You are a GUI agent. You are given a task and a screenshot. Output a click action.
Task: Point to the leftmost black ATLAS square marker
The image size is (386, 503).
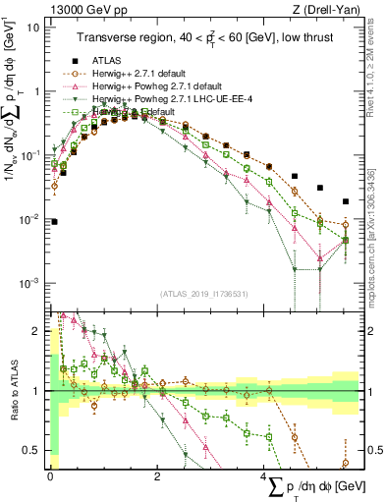coord(54,222)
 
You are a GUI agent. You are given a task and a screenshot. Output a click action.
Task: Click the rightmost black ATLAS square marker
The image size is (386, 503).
coord(345,201)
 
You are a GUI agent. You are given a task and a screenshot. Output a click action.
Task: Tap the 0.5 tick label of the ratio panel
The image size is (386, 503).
coord(33,451)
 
